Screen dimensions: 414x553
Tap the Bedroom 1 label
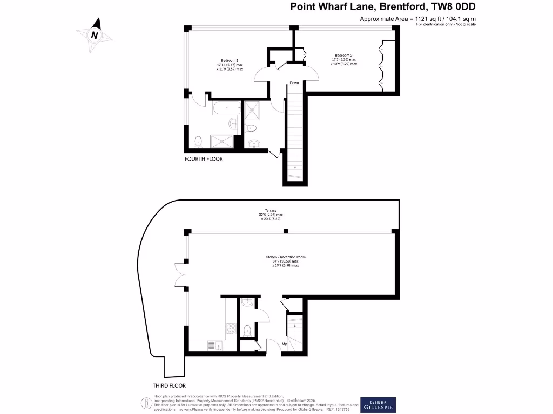click(x=230, y=60)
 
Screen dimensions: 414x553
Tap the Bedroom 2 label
click(x=343, y=56)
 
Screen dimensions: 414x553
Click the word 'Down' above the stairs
click(x=294, y=83)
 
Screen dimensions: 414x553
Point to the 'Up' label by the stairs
click(x=285, y=343)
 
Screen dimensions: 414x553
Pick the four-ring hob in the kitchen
click(x=230, y=327)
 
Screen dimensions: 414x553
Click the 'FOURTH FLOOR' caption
click(x=204, y=159)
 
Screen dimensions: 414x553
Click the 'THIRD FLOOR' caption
click(x=170, y=385)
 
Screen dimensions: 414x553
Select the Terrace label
click(x=271, y=210)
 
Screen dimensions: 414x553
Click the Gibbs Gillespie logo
click(x=378, y=405)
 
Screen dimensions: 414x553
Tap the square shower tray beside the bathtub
click(x=252, y=111)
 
